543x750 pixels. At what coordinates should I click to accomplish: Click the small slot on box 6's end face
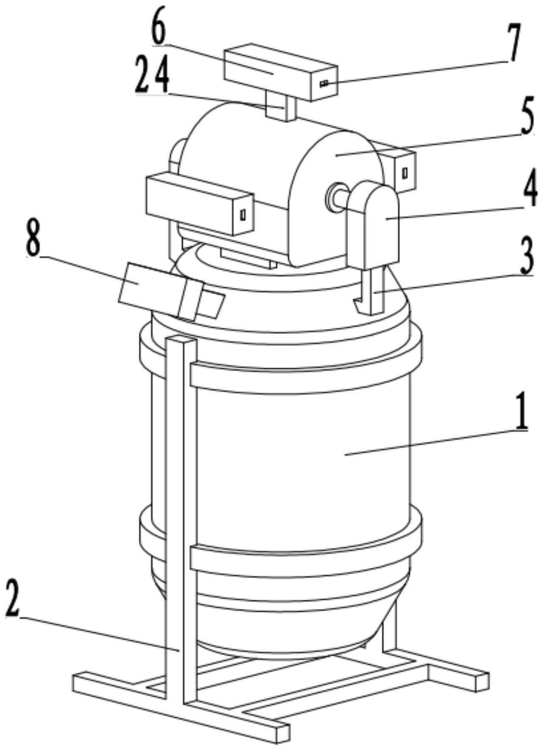tap(324, 84)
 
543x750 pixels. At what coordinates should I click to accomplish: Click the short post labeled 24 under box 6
tap(280, 106)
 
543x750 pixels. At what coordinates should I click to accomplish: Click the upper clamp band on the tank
tap(297, 376)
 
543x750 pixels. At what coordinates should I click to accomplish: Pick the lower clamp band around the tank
tap(297, 560)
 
